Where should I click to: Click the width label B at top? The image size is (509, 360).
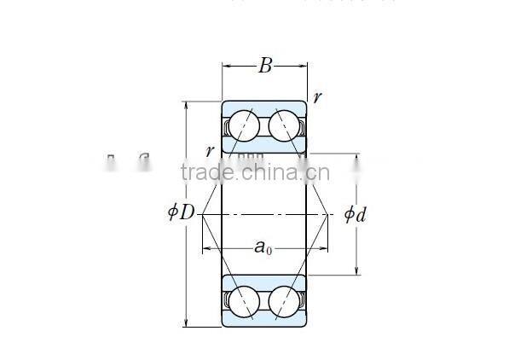click(x=265, y=67)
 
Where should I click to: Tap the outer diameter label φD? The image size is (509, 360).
click(x=182, y=212)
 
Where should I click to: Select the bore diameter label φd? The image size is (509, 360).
click(x=355, y=213)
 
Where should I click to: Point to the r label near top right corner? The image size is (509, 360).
click(x=317, y=97)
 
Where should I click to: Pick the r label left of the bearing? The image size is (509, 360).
click(x=210, y=151)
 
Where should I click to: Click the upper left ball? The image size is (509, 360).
click(x=244, y=125)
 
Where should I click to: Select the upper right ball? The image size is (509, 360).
click(x=285, y=125)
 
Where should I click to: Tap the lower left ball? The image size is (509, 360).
click(x=244, y=301)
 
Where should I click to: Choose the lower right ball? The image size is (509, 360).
click(x=285, y=301)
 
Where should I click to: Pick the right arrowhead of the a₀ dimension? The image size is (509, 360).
click(x=325, y=249)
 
